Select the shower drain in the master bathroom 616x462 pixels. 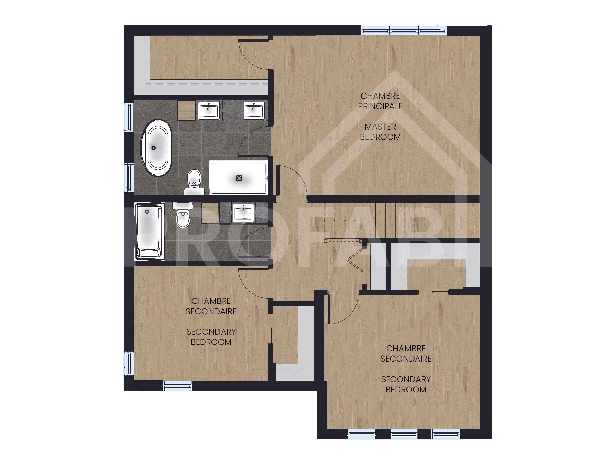(x=239, y=178)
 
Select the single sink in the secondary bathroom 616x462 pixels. (x=243, y=213)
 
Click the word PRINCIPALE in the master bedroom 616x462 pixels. (x=380, y=106)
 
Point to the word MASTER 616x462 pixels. (x=380, y=127)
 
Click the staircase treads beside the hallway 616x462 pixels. (x=390, y=220)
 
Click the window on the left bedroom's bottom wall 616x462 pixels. (x=177, y=386)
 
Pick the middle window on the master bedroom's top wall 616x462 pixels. (x=404, y=30)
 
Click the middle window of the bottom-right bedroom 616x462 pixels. (x=404, y=434)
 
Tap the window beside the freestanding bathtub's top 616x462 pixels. (x=129, y=117)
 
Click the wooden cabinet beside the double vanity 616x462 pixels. (x=186, y=111)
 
